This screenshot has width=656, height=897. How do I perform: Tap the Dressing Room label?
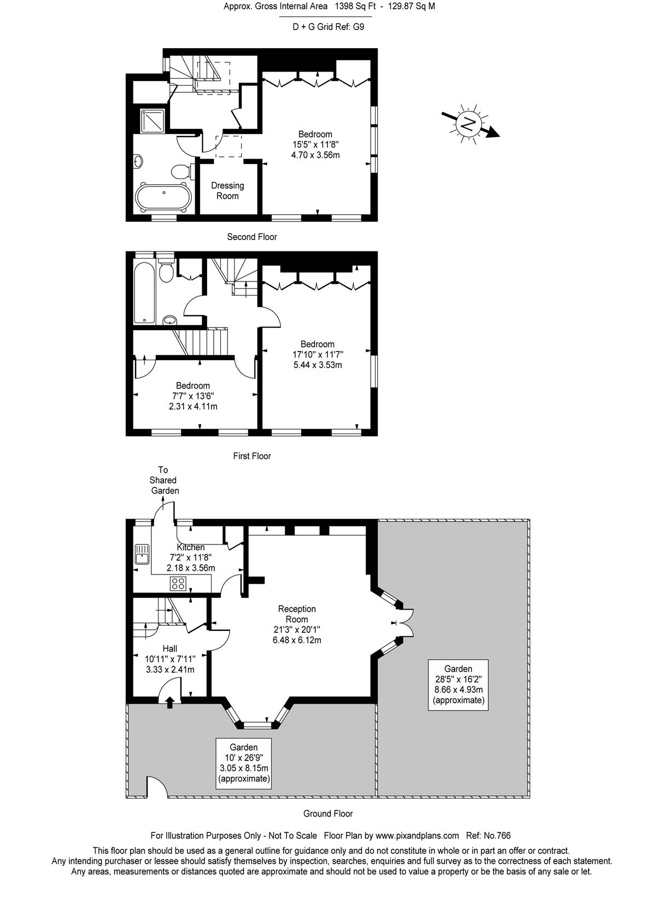coord(227,191)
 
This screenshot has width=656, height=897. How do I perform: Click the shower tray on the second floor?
coord(152,121)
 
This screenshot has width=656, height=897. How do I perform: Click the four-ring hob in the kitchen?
coord(178,583)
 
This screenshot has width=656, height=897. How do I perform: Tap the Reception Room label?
coord(297,614)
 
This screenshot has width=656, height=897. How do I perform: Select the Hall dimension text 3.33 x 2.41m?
coord(170,670)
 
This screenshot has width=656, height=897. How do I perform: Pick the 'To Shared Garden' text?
coord(164,480)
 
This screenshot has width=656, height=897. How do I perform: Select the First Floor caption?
coord(252,456)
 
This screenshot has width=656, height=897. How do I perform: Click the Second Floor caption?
coord(252,237)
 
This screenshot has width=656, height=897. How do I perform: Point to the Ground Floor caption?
coord(328,813)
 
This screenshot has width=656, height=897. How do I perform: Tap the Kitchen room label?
coord(191,547)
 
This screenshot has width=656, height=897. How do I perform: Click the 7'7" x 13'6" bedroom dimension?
coord(193,396)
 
